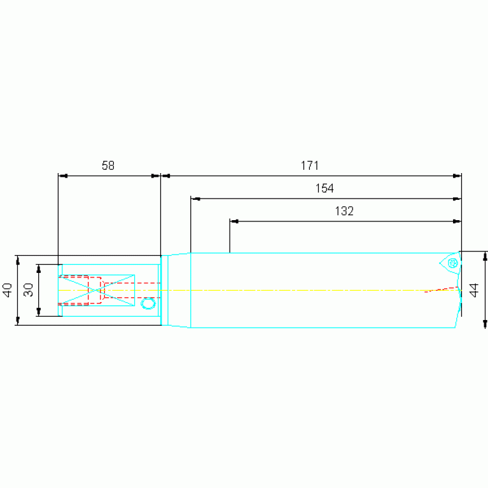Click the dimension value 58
[108, 165]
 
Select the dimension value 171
[310, 165]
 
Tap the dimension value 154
[324, 188]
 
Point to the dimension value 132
[344, 211]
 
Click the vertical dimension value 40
[7, 290]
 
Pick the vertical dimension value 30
[29, 290]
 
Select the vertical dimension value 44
[473, 290]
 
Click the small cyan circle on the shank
[148, 303]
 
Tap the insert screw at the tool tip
[452, 263]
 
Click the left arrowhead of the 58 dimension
[62, 176]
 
